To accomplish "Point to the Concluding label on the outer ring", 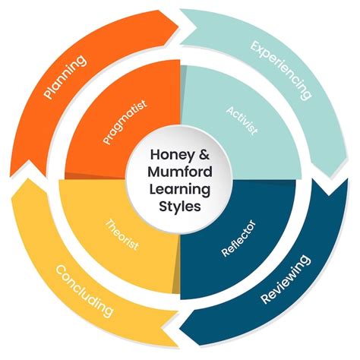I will tap(84, 292).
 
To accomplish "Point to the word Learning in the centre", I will tap(181, 188).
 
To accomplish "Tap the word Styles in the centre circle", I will tap(181, 206).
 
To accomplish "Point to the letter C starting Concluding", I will tap(56, 270).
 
